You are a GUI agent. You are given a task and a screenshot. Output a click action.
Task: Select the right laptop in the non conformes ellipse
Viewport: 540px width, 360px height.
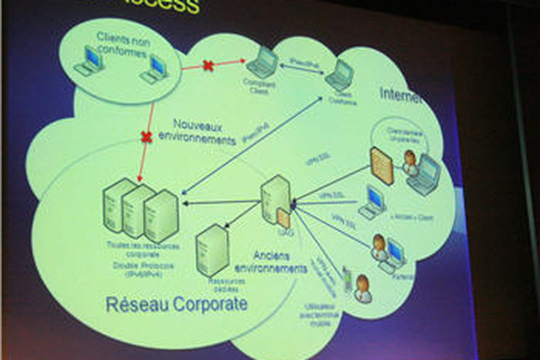154,69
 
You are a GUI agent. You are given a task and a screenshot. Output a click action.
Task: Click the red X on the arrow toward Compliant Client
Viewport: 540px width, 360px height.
208,65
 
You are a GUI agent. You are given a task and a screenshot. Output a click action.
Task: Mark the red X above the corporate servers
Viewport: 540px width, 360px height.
146,137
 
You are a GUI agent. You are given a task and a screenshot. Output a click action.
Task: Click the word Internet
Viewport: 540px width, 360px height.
400,94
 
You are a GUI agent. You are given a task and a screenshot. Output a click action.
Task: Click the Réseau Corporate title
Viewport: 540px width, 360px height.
176,304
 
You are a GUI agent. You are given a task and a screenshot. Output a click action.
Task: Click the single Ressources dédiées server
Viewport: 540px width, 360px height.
212,249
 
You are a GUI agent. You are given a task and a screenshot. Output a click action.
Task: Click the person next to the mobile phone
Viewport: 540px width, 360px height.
362,289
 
